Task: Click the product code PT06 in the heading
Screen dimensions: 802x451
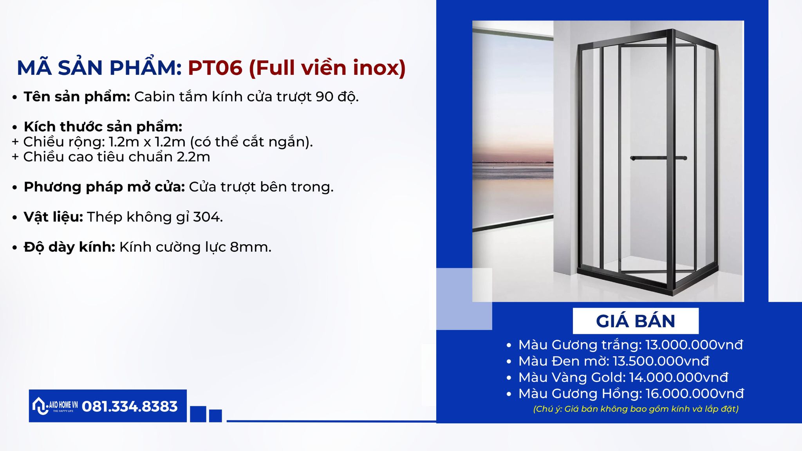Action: tap(215, 68)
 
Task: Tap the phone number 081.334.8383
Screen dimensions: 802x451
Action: tap(130, 406)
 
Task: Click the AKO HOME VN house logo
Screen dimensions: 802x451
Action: tap(55, 406)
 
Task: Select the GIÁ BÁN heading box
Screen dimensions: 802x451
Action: tap(636, 321)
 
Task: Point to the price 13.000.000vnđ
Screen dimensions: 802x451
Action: tap(694, 345)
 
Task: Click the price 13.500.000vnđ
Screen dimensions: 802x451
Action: tap(661, 361)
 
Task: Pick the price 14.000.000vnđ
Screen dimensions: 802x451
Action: tap(679, 377)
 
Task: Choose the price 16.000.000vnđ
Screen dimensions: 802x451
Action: tap(695, 393)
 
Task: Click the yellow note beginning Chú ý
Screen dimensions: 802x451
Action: tap(636, 409)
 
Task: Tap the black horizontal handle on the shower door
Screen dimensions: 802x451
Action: tap(659, 158)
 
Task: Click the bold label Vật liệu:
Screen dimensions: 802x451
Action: tap(53, 217)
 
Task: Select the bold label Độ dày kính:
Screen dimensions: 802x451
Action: tap(69, 247)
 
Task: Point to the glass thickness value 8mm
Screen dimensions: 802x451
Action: tap(250, 247)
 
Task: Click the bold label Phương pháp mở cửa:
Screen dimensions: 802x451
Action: tap(104, 187)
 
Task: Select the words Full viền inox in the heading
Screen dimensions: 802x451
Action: tap(327, 68)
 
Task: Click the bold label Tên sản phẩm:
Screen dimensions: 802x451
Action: tap(77, 97)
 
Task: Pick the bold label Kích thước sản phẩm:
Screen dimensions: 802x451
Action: tap(103, 127)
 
